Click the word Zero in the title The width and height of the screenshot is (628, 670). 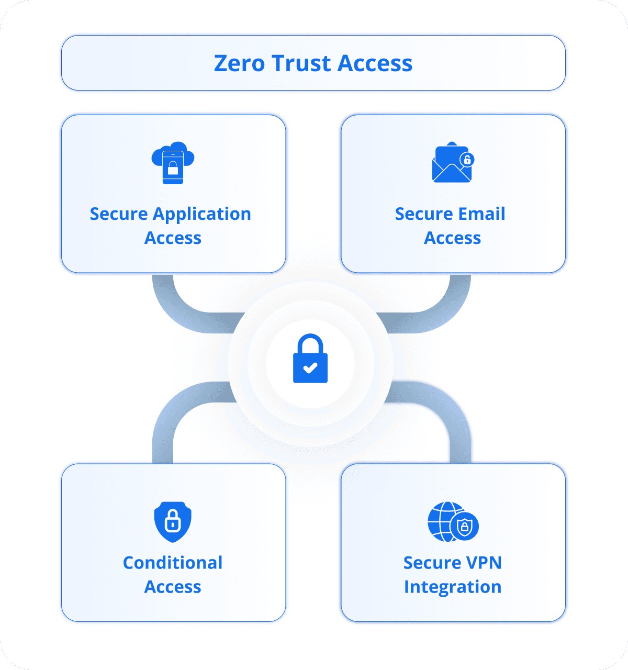coord(239,63)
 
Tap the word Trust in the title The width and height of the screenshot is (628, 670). coord(301,63)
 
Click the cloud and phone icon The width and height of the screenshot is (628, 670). coord(173,163)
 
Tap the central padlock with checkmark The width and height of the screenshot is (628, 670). coord(310,359)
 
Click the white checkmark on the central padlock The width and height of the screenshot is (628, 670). coord(310,367)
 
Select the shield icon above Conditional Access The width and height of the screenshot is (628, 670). coord(173,521)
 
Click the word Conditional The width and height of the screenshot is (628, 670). coord(173,563)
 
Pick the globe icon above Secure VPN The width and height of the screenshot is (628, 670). coord(446,521)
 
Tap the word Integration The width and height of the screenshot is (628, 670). coord(453,587)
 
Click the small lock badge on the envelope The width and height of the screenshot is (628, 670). coord(466,159)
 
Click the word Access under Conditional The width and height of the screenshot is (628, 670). coord(173,587)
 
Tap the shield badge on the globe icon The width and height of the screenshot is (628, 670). coord(465,527)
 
